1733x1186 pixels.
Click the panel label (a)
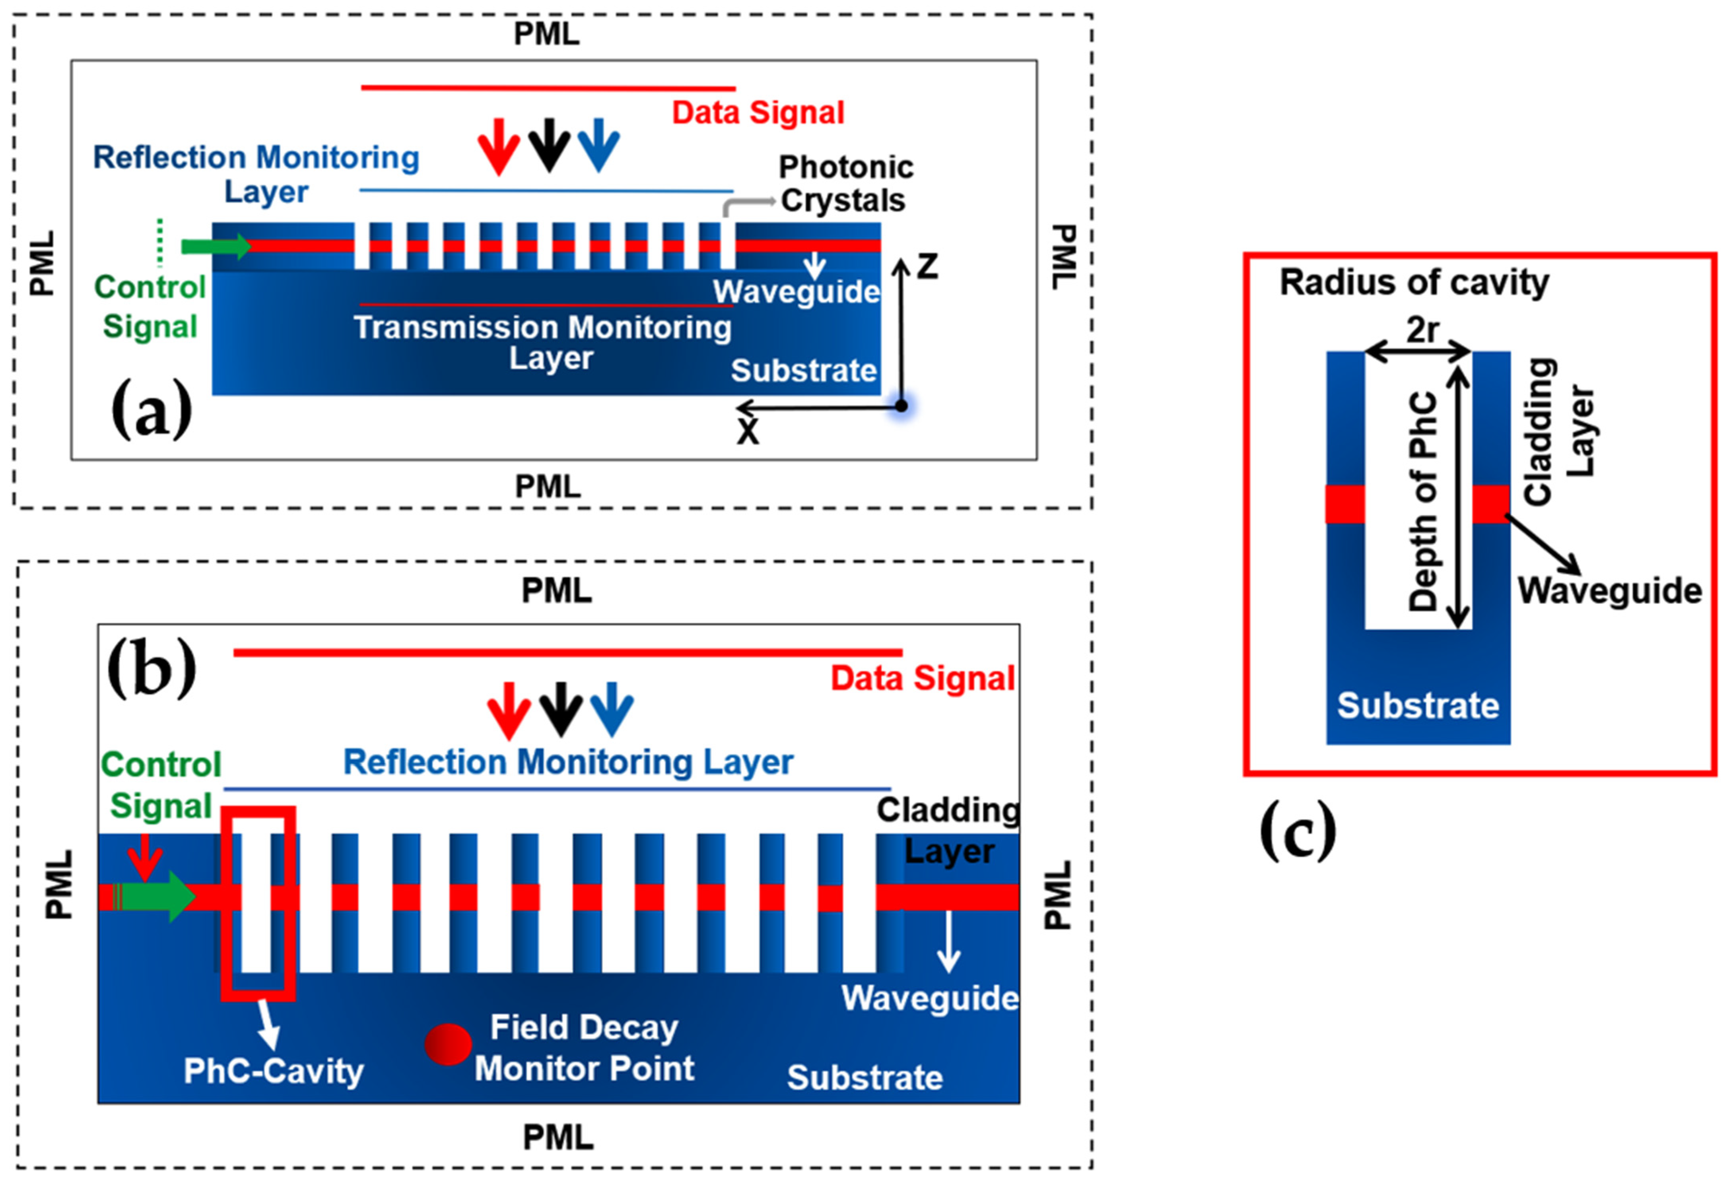coord(152,408)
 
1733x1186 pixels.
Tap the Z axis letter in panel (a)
coord(927,266)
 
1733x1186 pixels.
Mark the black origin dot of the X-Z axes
coord(901,406)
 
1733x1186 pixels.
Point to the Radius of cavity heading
coord(1414,283)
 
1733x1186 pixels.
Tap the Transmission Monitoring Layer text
coord(543,342)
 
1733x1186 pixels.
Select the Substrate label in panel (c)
coord(1418,705)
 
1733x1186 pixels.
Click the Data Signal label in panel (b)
coord(923,678)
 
